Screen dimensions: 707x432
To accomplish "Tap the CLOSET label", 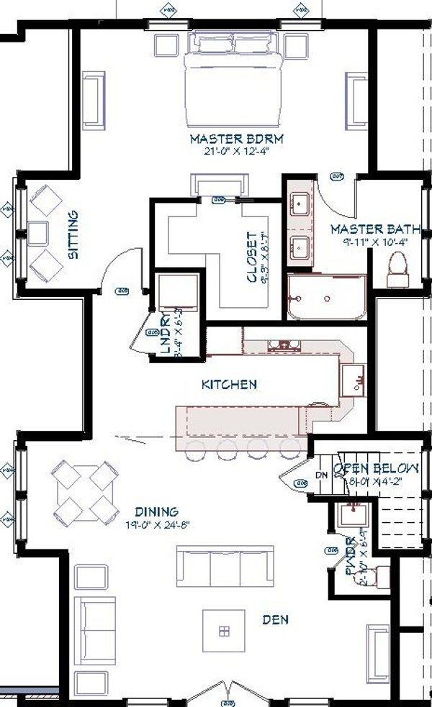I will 251,257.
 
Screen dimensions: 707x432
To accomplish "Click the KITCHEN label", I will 228,385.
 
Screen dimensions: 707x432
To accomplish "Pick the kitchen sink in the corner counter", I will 354,379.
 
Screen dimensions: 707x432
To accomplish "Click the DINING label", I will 156,512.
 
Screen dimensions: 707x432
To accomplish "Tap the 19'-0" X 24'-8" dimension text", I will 156,524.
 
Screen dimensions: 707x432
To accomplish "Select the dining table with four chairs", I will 86,493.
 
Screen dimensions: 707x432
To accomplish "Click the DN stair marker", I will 322,476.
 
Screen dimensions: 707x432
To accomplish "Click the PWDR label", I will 350,554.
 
